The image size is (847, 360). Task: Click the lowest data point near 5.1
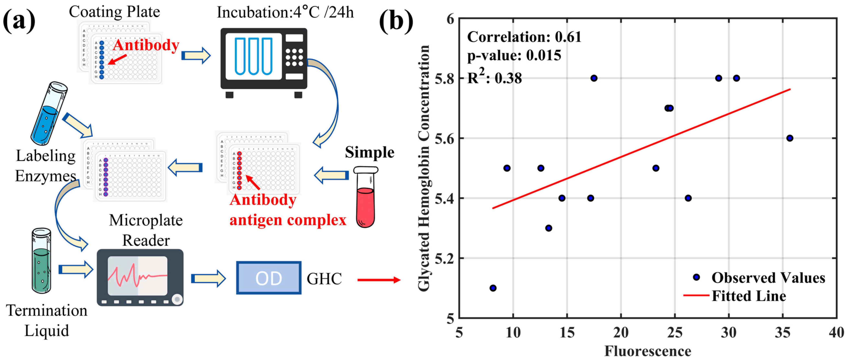493,288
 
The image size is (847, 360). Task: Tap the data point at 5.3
548,228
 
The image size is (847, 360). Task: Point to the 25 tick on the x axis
675,333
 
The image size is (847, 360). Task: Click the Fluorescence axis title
648,351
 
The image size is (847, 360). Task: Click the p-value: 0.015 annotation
514,55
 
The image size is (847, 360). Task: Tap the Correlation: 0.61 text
524,37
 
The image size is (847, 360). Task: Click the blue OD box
269,278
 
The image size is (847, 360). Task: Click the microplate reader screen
137,275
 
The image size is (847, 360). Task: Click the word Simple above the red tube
369,152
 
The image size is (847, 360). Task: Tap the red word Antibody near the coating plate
146,45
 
